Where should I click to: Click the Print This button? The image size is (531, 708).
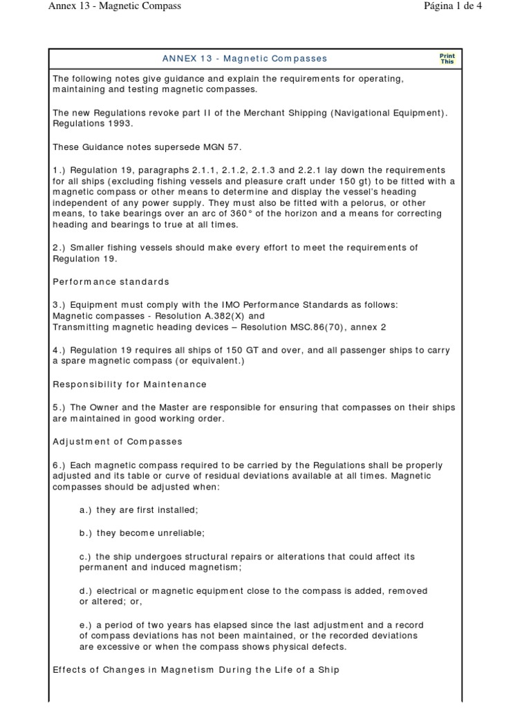(447, 59)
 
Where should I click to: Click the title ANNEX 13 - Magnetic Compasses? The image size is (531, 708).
(245, 59)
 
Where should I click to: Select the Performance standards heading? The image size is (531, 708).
(111, 281)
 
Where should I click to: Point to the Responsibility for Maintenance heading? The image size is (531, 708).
(130, 384)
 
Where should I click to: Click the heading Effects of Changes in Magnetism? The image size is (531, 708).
(196, 669)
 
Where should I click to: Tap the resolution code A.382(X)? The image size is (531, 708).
(211, 315)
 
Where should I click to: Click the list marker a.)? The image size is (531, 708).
(86, 510)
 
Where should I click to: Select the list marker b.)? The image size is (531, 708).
(86, 533)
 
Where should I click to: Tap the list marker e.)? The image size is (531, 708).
(86, 624)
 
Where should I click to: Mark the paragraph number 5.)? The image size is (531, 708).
(60, 407)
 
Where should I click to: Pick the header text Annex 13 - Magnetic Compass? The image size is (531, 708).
(115, 6)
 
